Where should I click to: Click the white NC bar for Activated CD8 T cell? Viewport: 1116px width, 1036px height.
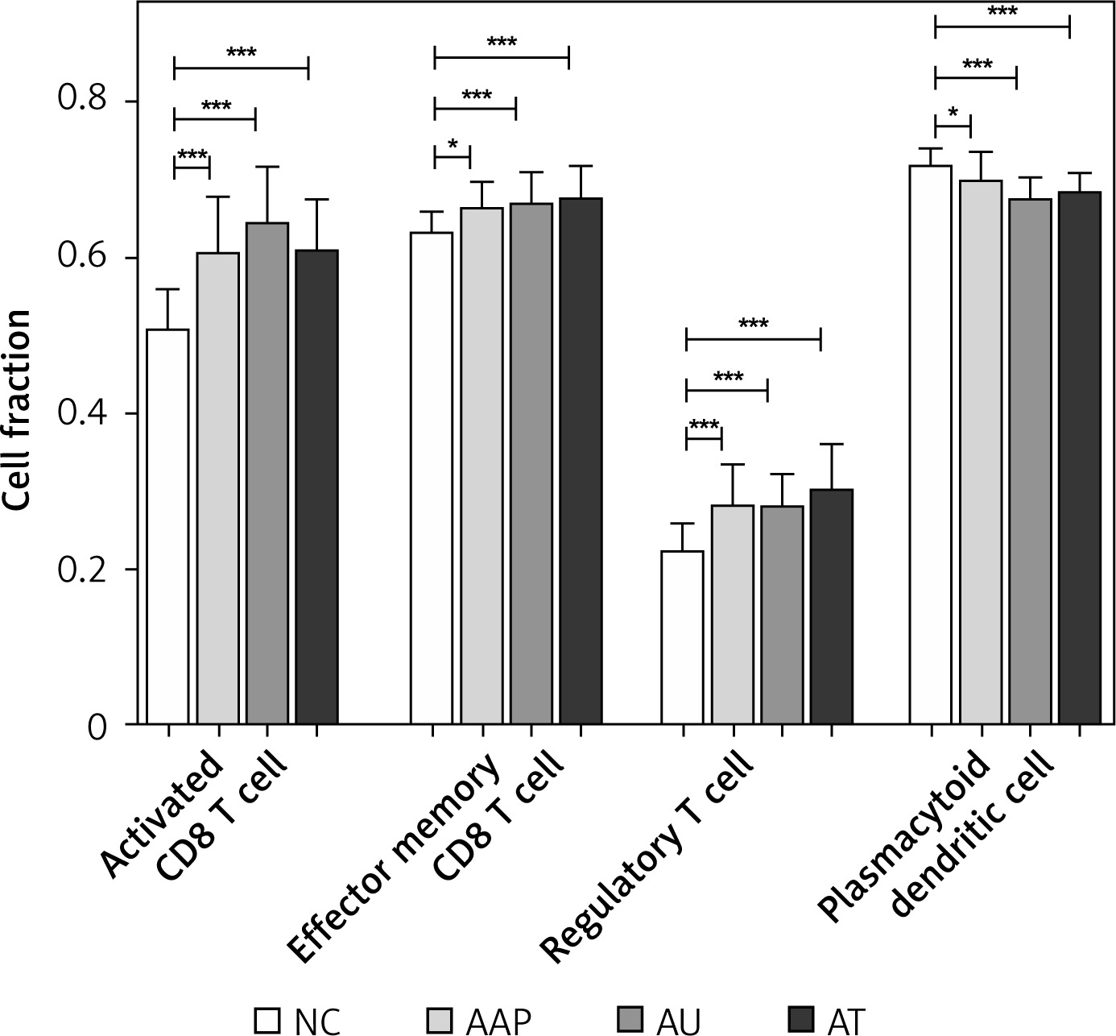[167, 527]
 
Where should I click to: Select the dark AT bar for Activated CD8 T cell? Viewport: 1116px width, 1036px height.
[316, 487]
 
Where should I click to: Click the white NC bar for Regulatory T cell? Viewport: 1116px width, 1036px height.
[683, 637]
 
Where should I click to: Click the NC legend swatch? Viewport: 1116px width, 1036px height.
[268, 1020]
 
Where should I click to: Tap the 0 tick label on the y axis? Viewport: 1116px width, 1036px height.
[97, 726]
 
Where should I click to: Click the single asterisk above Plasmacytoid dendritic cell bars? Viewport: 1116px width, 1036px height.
[953, 114]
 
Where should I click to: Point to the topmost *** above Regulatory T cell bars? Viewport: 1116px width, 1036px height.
[754, 325]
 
